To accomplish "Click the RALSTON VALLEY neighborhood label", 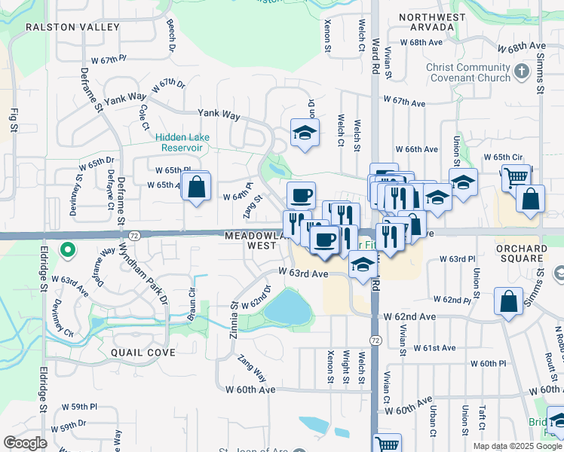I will [72, 27].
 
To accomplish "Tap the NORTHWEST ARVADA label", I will [428, 22].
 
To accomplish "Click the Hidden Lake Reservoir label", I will [182, 142].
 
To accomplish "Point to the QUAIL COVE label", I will [143, 352].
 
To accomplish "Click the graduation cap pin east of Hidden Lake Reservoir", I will [305, 133].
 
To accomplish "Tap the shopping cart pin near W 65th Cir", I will [516, 178].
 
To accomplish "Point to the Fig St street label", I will [14, 120].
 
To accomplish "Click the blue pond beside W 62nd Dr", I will [287, 305].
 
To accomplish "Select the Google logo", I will [26, 443].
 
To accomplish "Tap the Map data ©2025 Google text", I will [516, 446].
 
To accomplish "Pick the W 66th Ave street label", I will [416, 149].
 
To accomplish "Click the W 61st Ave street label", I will [435, 347].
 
